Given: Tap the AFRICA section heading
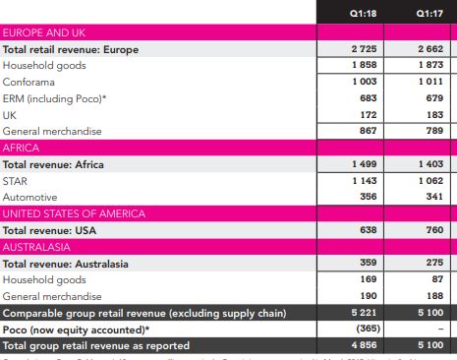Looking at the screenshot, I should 23,148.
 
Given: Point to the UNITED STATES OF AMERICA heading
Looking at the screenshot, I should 74,213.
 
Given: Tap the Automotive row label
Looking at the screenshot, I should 31,197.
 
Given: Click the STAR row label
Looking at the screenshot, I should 17,180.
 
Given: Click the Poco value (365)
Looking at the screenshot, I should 366,329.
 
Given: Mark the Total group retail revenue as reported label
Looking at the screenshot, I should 95,345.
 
